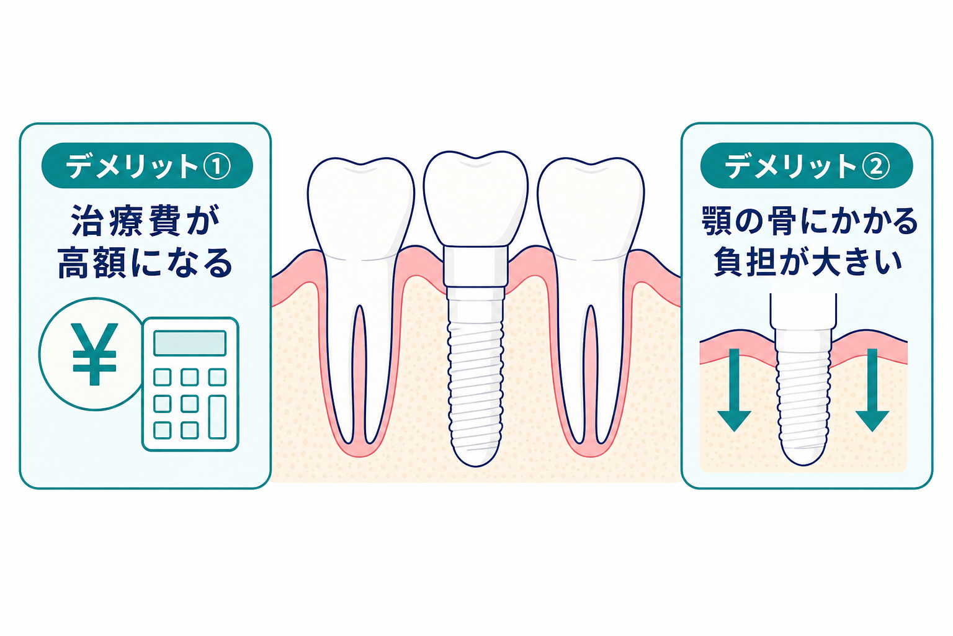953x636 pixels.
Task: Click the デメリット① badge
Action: (147, 165)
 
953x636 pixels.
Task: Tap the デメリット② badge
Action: (807, 165)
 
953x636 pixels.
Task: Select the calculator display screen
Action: (190, 343)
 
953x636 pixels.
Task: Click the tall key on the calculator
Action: (217, 417)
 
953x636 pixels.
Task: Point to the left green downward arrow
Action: (734, 390)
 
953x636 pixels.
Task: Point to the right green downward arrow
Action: (872, 390)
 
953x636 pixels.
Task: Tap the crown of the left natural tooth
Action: (360, 209)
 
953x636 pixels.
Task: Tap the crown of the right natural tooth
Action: (591, 209)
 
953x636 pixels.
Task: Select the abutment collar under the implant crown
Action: (476, 266)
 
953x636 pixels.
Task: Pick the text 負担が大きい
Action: (808, 261)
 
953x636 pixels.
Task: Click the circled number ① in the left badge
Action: (217, 166)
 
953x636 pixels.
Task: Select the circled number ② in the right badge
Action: (876, 166)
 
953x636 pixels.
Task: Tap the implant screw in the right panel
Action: (803, 396)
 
